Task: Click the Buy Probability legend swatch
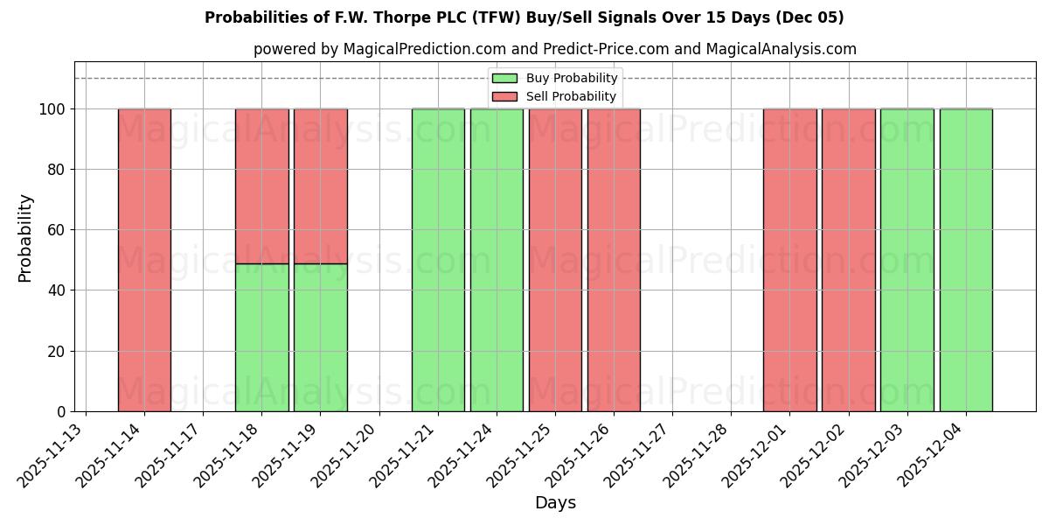(504, 79)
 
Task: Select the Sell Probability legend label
(571, 96)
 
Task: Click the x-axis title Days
(555, 503)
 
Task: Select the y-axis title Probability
(25, 237)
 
